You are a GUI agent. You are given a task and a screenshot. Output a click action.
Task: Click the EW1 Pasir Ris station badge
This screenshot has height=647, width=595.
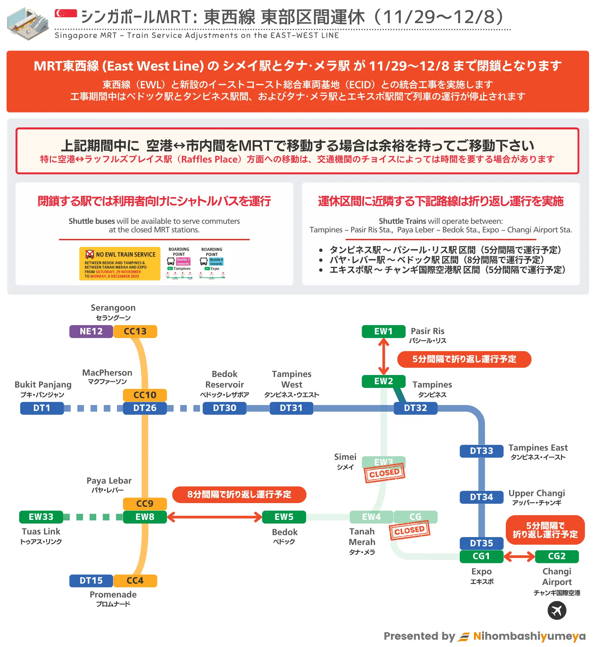pyautogui.click(x=383, y=331)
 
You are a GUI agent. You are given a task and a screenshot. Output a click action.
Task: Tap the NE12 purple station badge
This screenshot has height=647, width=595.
pyautogui.click(x=91, y=331)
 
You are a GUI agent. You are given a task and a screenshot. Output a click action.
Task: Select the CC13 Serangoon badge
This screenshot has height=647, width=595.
pyautogui.click(x=135, y=331)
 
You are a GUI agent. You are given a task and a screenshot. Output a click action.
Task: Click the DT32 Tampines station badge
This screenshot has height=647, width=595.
pyautogui.click(x=415, y=408)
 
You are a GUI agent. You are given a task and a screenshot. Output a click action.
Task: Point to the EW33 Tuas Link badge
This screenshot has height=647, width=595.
pyautogui.click(x=41, y=517)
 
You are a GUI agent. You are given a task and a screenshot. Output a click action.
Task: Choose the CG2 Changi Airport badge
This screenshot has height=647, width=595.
pyautogui.click(x=557, y=556)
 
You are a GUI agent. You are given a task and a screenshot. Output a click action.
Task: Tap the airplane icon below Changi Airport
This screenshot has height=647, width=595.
pyautogui.click(x=557, y=610)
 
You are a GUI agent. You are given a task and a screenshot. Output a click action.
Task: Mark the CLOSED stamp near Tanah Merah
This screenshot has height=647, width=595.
pyautogui.click(x=410, y=530)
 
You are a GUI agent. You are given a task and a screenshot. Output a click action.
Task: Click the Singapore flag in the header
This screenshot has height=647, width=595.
pyautogui.click(x=66, y=13)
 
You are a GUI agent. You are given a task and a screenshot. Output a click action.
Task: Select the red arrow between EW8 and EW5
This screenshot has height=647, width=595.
pyautogui.click(x=215, y=517)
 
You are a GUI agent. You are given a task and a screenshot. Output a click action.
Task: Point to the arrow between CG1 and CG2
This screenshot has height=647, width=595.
pyautogui.click(x=519, y=557)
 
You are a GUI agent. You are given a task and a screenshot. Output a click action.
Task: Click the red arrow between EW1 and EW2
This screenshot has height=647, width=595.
pyautogui.click(x=383, y=357)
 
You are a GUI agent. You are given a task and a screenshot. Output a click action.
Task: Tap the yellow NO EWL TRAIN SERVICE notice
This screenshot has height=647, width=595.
pyautogui.click(x=120, y=264)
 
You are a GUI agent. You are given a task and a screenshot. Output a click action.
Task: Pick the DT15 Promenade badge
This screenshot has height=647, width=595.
pyautogui.click(x=91, y=581)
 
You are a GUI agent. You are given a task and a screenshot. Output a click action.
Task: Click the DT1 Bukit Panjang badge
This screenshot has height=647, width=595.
pyautogui.click(x=42, y=408)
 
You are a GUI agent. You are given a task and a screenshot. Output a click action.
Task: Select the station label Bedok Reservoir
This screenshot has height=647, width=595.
pyautogui.click(x=224, y=380)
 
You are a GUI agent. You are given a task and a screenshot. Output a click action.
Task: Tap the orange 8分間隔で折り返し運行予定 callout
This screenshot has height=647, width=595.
pyautogui.click(x=239, y=494)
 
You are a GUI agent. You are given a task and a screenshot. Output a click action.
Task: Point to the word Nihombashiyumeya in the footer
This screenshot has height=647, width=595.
pyautogui.click(x=529, y=636)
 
